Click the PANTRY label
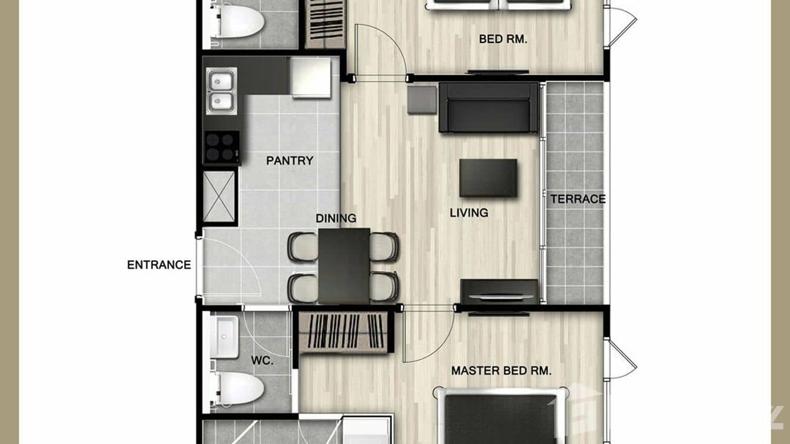(x=289, y=160)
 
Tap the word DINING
(x=336, y=218)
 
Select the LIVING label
(x=469, y=213)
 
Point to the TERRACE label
(x=577, y=199)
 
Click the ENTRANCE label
(x=159, y=265)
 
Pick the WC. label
(x=262, y=360)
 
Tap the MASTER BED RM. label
(x=501, y=371)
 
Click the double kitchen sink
(x=221, y=91)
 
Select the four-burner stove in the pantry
(x=221, y=147)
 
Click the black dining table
(x=344, y=265)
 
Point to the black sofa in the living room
(x=489, y=107)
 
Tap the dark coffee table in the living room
(x=489, y=177)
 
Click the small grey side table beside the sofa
(x=421, y=100)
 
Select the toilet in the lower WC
(x=238, y=389)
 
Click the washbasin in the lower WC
(x=224, y=337)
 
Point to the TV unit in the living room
(x=499, y=291)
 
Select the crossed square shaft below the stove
(x=220, y=196)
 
